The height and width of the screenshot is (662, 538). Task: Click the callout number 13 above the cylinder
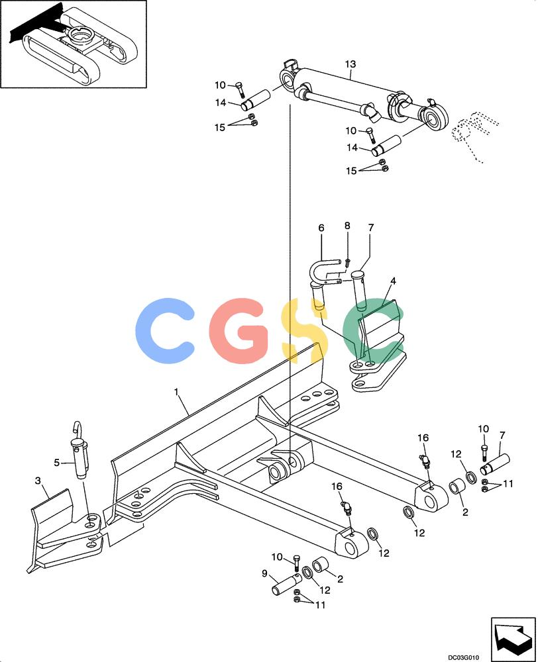350,64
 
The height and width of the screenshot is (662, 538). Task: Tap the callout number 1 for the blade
176,392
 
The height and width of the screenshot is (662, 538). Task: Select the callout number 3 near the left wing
38,481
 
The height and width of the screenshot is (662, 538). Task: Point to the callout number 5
56,463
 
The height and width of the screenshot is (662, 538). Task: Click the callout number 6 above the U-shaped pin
321,228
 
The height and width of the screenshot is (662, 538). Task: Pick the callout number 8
347,226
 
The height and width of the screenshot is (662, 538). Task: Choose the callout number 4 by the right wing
393,281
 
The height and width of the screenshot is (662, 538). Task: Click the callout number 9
264,573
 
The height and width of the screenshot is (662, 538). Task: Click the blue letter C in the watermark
164,325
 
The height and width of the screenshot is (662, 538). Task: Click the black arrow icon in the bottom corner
513,635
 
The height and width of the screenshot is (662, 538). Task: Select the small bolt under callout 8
347,262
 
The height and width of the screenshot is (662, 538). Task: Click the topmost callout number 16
423,438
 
